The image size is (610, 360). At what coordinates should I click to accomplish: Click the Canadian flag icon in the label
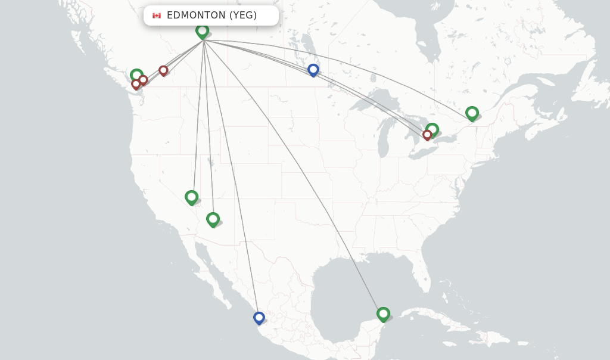pyautogui.click(x=157, y=15)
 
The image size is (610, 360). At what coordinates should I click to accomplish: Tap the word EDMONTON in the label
pyautogui.click(x=196, y=15)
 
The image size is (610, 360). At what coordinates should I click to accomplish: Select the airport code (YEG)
pyautogui.click(x=243, y=15)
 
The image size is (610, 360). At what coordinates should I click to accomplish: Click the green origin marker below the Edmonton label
pyautogui.click(x=202, y=30)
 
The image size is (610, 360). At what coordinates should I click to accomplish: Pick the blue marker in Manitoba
pyautogui.click(x=313, y=70)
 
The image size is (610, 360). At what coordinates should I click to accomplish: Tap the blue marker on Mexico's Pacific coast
pyautogui.click(x=259, y=318)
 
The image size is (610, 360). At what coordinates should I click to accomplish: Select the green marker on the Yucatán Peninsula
pyautogui.click(x=383, y=314)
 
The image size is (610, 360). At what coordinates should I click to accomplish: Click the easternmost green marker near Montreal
pyautogui.click(x=472, y=113)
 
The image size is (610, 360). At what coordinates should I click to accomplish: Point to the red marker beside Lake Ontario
pyautogui.click(x=427, y=135)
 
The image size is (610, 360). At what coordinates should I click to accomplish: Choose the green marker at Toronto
pyautogui.click(x=432, y=129)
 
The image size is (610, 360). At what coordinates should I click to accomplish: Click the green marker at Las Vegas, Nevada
pyautogui.click(x=191, y=197)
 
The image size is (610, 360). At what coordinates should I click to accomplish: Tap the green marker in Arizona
pyautogui.click(x=213, y=219)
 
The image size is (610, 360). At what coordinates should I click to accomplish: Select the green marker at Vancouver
pyautogui.click(x=136, y=76)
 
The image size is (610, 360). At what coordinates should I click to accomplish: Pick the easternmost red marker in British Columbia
pyautogui.click(x=163, y=70)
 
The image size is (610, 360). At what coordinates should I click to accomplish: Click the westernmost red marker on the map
pyautogui.click(x=136, y=84)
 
